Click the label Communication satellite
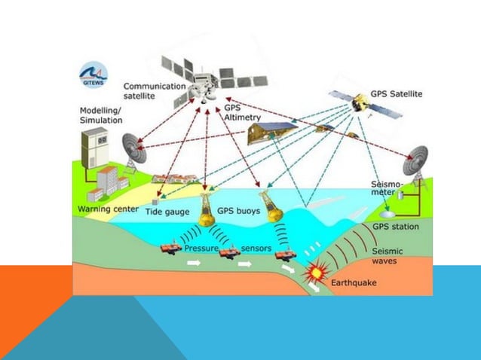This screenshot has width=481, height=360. click(154, 91)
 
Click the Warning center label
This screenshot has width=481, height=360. click(109, 209)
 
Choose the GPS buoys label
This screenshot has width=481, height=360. click(238, 212)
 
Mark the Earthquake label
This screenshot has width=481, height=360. click(354, 283)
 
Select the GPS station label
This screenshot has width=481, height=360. click(396, 226)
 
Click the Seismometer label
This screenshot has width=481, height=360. click(387, 188)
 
